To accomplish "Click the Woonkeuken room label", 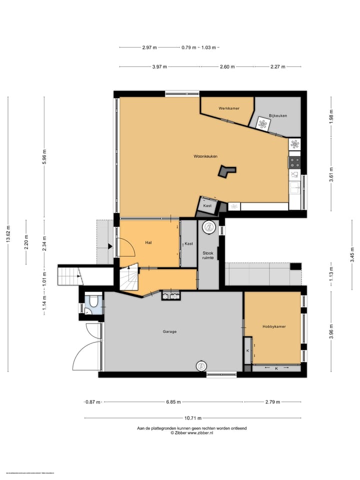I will coord(205,156).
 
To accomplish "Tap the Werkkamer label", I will coord(229,108).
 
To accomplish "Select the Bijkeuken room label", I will coord(278,115).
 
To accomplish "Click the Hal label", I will coord(148,242).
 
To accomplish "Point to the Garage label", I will coord(169,331).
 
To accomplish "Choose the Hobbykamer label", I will coord(274,326).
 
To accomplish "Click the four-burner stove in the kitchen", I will coord(295,162).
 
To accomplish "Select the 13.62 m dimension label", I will coord(7,233).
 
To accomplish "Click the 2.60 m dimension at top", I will coord(227,66).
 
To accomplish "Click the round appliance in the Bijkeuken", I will coord(262,123).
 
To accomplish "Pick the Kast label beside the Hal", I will coord(188,244).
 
